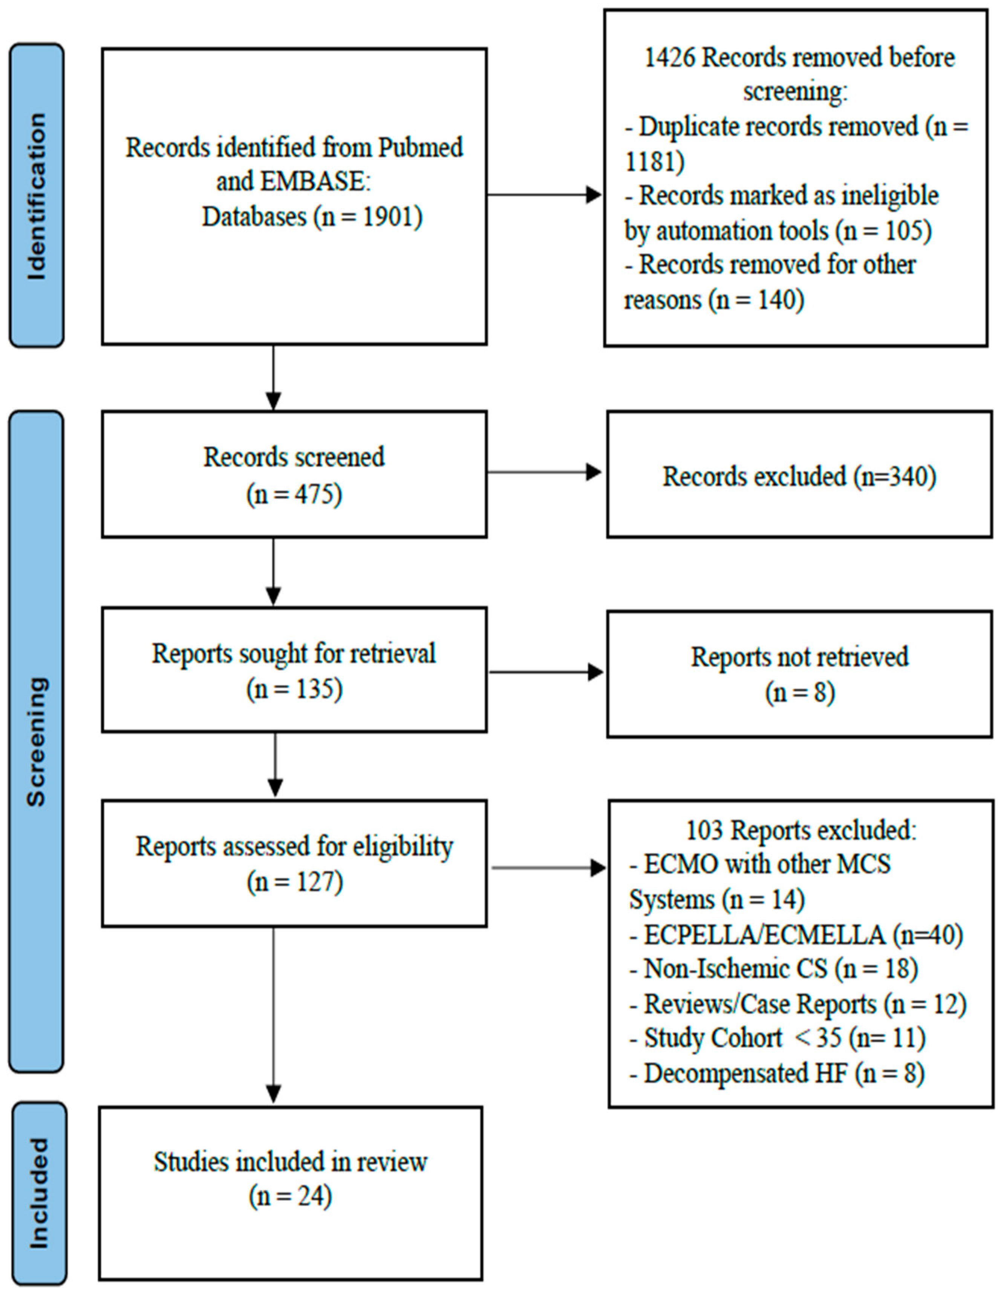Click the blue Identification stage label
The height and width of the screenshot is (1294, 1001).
(x=37, y=196)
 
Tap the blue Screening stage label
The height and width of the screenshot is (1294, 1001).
(x=37, y=741)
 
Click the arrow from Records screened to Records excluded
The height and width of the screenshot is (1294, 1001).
(x=545, y=472)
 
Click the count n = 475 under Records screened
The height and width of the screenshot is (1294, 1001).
(x=294, y=495)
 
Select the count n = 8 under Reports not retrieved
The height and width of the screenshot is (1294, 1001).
(x=800, y=692)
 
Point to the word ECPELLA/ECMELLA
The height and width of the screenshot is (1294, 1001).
(x=764, y=935)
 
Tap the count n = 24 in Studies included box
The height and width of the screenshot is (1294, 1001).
(x=290, y=1197)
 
